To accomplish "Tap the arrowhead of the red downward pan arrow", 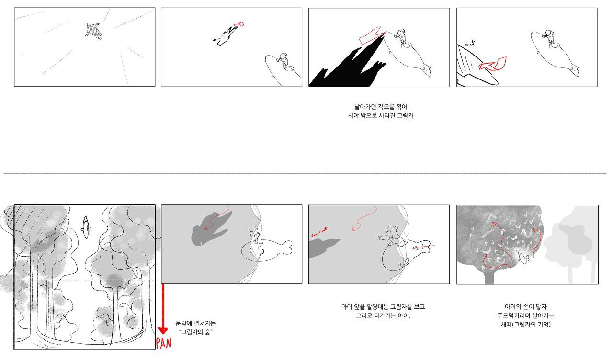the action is coord(163,330).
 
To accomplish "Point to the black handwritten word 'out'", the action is coord(470,43).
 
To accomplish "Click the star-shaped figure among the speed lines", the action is coord(93,32).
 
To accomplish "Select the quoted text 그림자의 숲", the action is coord(196,332).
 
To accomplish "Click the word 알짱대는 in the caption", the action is coord(378,307).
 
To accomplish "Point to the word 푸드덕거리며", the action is coord(512,315).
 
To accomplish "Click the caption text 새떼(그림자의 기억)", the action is coord(525,325).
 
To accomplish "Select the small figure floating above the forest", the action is coord(86,227).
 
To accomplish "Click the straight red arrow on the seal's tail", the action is coord(423,247).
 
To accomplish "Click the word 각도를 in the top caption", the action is coord(386,107).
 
